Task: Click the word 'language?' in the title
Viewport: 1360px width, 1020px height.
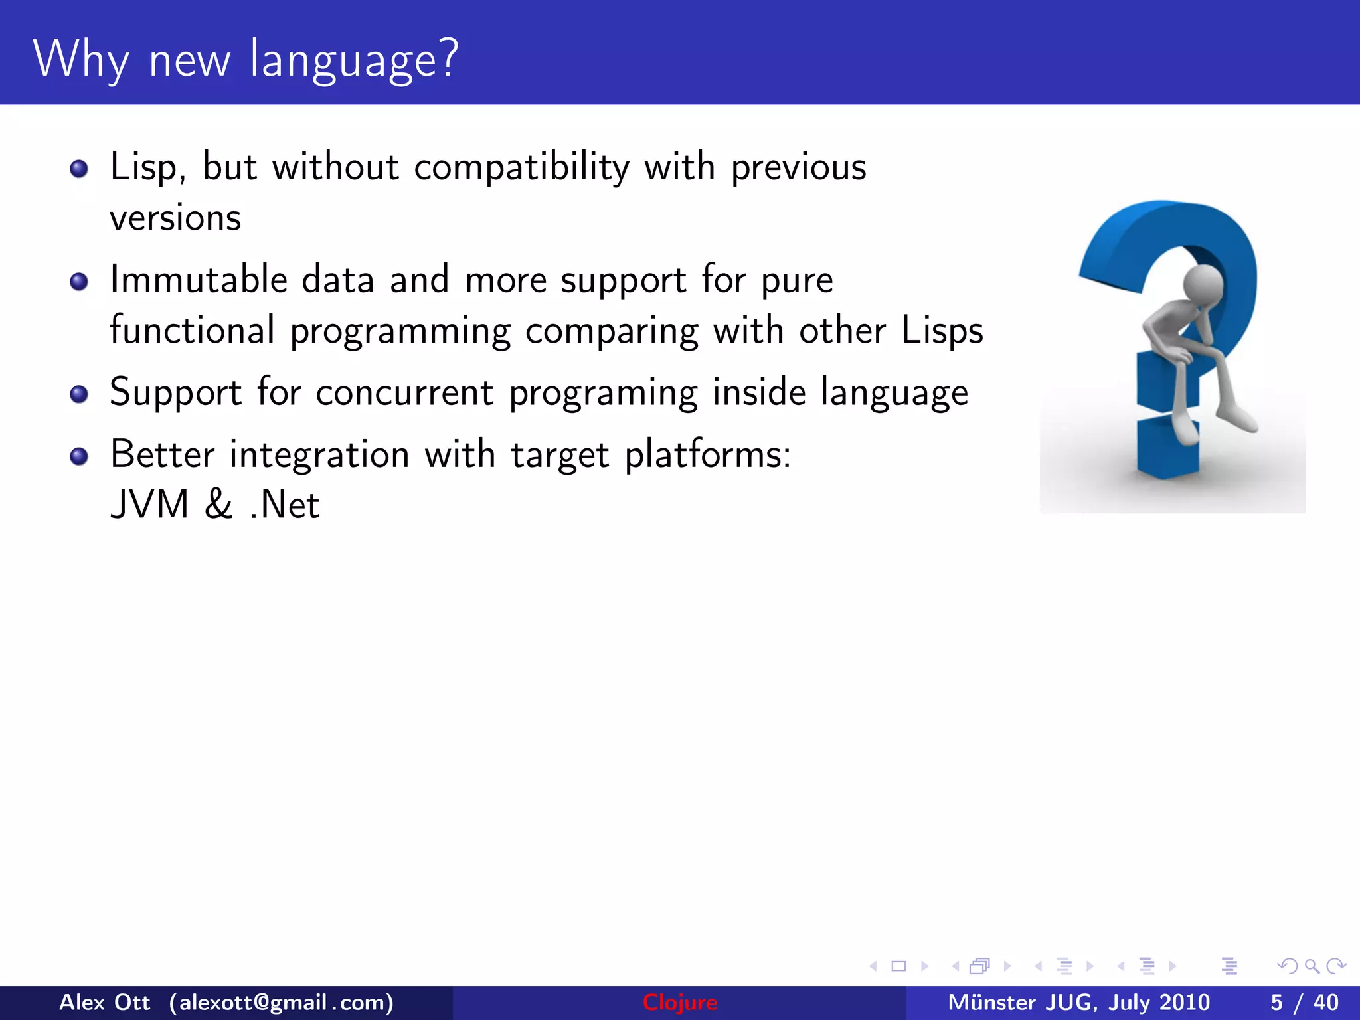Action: coord(354,60)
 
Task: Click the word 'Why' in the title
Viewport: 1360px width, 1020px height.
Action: coord(80,60)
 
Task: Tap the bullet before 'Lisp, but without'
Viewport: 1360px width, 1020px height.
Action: coord(79,169)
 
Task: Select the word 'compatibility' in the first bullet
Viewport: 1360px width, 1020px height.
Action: coord(521,167)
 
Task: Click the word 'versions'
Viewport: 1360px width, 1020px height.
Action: coord(175,218)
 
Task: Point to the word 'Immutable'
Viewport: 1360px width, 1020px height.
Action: coord(199,279)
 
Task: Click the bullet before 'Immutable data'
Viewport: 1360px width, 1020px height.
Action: coord(79,282)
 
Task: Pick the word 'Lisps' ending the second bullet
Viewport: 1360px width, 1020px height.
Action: coord(942,331)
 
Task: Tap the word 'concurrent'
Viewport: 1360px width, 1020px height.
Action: coord(404,392)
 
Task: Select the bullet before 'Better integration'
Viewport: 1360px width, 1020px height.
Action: coord(79,456)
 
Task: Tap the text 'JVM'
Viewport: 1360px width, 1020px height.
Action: coord(150,505)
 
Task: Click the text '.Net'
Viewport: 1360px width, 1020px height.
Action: coord(285,505)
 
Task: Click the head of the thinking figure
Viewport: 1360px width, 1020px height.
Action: coord(1203,284)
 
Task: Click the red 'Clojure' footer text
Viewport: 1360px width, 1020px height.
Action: coord(679,1003)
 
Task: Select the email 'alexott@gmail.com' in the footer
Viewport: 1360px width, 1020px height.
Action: coord(282,1003)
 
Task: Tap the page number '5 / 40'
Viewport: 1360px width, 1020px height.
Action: coord(1304,1003)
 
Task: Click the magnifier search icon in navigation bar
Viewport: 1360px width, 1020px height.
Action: coord(1312,966)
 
